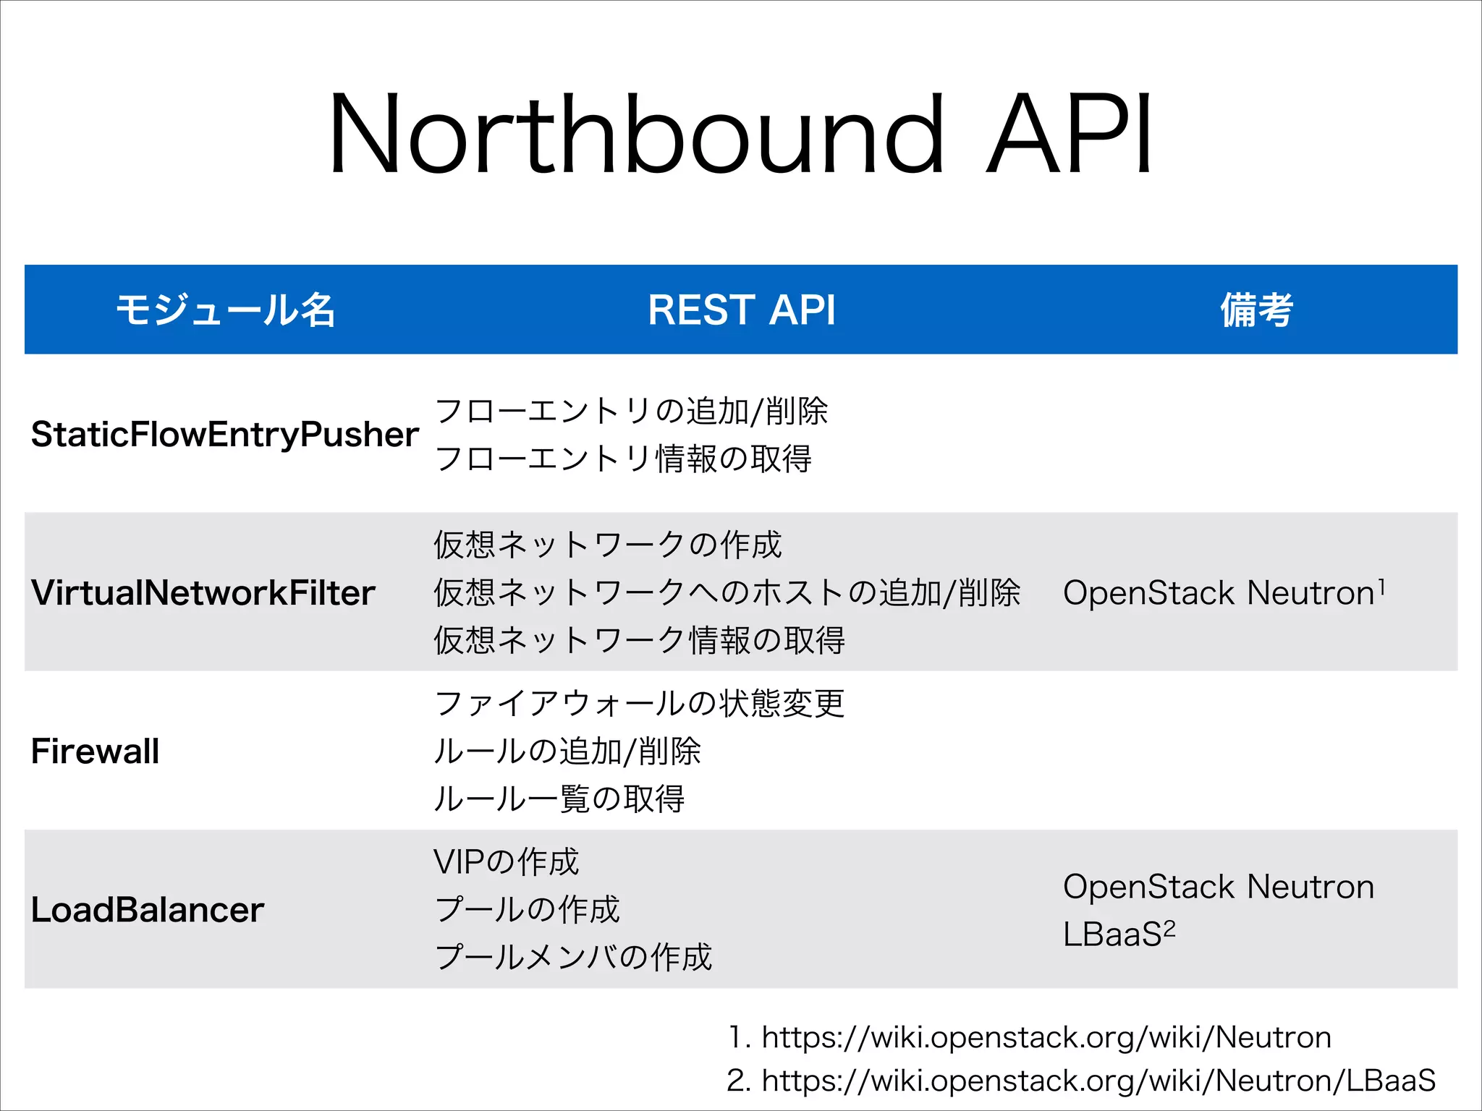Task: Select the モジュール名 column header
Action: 226,310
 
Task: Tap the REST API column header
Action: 742,310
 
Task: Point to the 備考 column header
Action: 1256,310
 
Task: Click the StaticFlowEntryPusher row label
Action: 224,435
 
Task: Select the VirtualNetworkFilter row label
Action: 203,593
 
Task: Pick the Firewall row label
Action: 95,752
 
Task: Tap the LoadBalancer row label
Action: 148,910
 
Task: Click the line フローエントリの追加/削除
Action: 631,411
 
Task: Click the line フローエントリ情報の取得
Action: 623,459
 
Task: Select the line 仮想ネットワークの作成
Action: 608,545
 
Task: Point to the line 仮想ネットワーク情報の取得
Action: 639,640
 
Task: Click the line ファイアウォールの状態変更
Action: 639,703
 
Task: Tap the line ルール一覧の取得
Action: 559,799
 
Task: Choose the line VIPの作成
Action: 506,861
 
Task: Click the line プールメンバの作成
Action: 573,957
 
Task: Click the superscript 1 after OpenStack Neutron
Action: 1381,586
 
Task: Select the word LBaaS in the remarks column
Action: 1112,935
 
